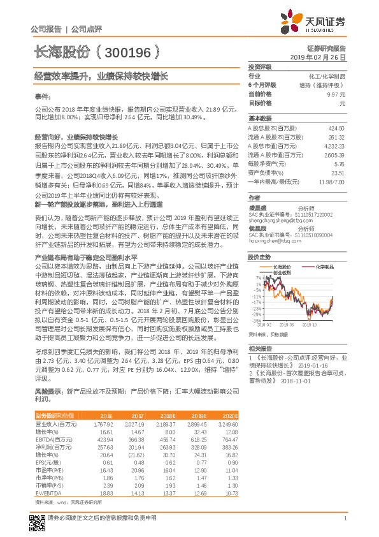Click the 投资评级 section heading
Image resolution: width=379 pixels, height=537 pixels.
(x=260, y=66)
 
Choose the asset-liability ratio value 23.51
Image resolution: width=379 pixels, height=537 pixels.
(x=338, y=173)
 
